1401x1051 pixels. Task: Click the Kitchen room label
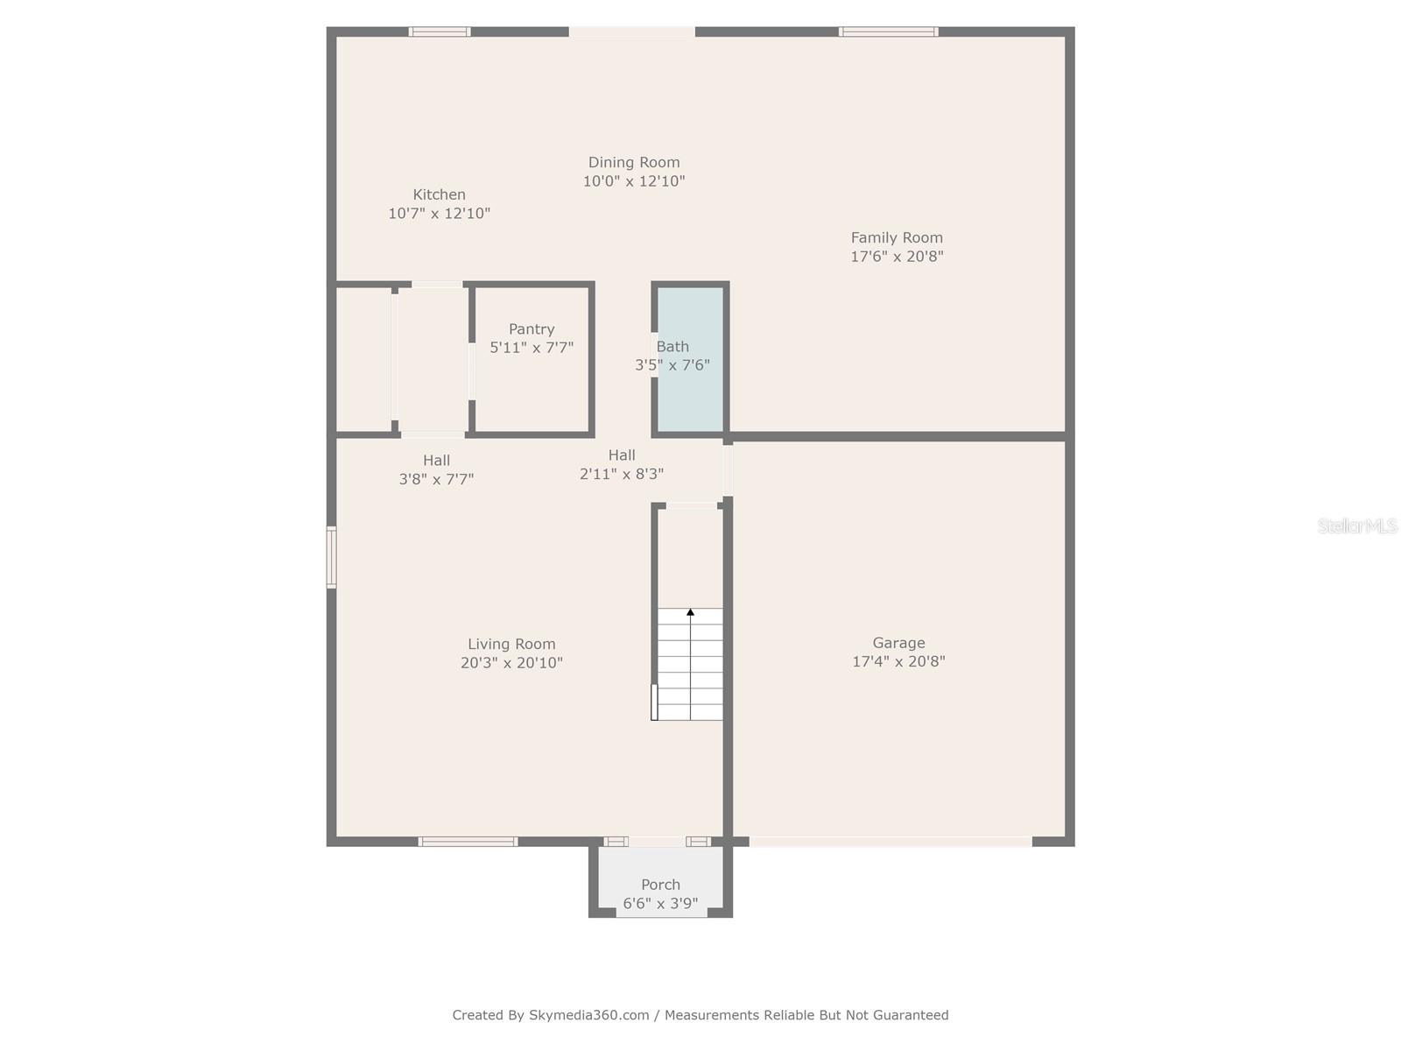439,194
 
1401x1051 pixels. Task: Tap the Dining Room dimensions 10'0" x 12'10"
634,181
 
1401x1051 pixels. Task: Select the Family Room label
897,237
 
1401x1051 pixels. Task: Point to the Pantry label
532,329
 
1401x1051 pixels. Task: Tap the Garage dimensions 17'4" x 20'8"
898,661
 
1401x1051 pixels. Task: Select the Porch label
660,885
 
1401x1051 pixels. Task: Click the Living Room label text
511,644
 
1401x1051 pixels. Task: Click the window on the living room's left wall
332,557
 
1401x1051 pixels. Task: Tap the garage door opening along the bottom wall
891,842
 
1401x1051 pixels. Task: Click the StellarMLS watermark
1357,525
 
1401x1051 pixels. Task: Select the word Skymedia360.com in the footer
589,1015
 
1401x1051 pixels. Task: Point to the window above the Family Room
888,32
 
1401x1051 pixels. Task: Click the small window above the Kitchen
440,32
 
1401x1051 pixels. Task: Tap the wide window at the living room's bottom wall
468,842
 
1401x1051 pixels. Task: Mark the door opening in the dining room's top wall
632,32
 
